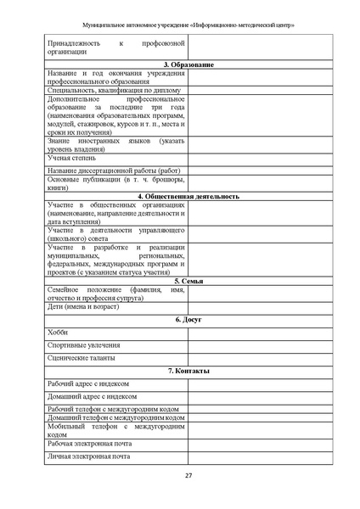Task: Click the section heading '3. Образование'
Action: click(x=188, y=65)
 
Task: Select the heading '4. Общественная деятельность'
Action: click(x=188, y=196)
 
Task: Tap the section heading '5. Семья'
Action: click(x=188, y=280)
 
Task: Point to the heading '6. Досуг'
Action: click(x=188, y=320)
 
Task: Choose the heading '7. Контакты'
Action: click(x=188, y=372)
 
